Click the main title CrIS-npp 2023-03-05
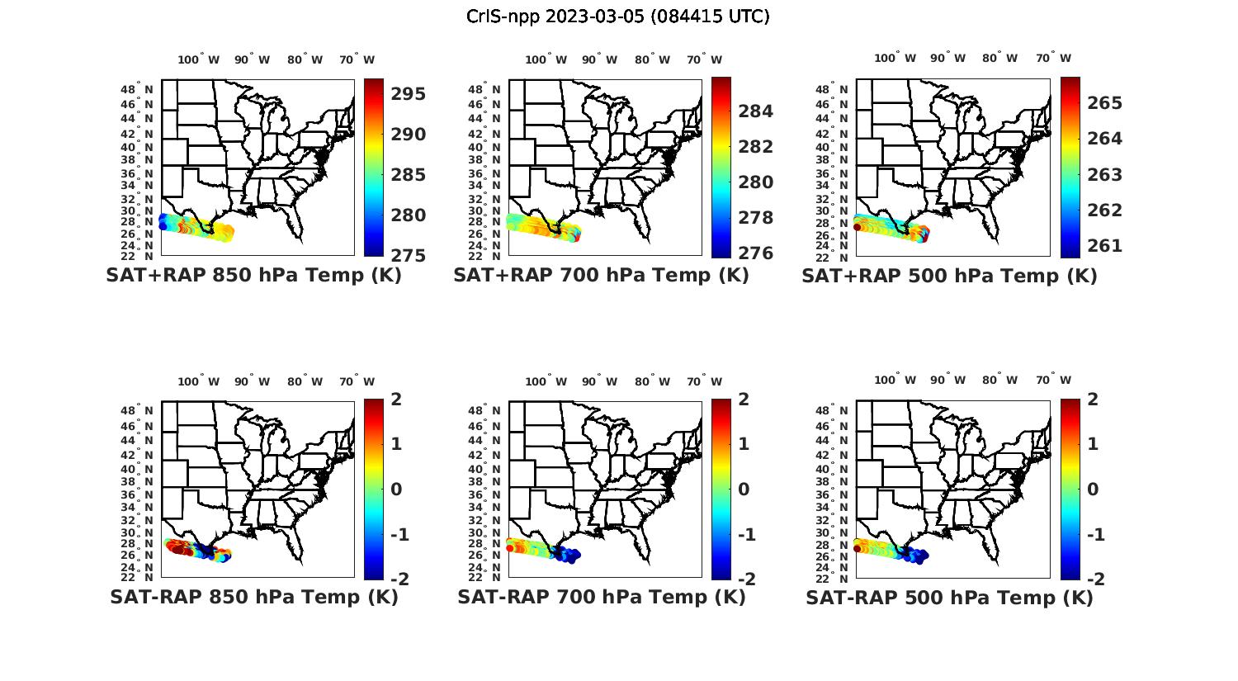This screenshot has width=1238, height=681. point(617,16)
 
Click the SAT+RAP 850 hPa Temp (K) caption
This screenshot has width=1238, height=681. point(253,276)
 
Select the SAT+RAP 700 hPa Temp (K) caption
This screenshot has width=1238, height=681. point(601,276)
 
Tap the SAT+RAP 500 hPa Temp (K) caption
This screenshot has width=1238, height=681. point(949,277)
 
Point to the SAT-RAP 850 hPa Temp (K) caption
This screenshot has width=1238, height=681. point(253,597)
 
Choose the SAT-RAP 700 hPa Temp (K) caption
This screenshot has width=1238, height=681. point(601,597)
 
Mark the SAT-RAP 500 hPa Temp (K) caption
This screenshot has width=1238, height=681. point(949,598)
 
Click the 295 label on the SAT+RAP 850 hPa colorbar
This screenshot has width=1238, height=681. point(408,94)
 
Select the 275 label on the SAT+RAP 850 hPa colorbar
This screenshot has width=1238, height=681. point(408,255)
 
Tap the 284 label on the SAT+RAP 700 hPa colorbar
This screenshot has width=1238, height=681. point(755,111)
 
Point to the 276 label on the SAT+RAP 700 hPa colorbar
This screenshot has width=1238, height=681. point(755,253)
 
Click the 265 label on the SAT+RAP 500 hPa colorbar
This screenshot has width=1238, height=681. point(1104,103)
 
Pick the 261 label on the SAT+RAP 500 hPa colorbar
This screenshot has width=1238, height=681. point(1104,246)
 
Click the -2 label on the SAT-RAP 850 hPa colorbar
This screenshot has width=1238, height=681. point(399,579)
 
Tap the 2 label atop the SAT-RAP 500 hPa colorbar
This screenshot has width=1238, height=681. point(1093,400)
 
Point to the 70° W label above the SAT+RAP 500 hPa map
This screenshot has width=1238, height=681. point(1054,59)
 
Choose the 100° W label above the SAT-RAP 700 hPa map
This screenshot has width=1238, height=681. point(546,381)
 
